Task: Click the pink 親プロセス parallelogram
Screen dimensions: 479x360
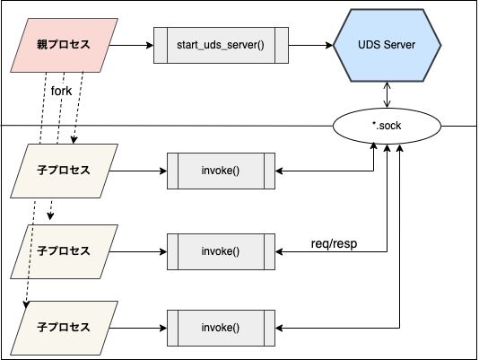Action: (65, 45)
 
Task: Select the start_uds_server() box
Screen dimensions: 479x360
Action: (221, 45)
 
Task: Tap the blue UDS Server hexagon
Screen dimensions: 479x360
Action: (387, 45)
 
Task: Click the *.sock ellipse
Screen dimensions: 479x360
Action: (387, 126)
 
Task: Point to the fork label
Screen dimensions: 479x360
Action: (61, 92)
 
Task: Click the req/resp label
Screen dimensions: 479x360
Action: (334, 244)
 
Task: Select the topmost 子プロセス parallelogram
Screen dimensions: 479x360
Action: (65, 171)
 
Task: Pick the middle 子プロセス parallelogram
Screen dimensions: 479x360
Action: (65, 251)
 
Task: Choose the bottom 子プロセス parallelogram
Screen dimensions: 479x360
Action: (65, 329)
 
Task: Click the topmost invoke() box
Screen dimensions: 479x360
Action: (221, 171)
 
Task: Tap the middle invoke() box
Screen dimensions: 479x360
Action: (221, 251)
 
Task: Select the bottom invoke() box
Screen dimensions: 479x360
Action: (221, 329)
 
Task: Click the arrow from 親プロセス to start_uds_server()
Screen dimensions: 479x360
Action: (131, 45)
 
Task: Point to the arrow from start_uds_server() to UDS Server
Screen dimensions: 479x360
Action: (310, 45)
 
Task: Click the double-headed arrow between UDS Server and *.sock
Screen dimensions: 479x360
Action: (387, 95)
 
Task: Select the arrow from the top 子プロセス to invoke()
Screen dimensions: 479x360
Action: (138, 171)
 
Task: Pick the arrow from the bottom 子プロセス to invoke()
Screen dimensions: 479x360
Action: (138, 329)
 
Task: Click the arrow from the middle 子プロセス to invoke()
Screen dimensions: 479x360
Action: (138, 251)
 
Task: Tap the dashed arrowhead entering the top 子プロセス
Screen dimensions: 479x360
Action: (74, 140)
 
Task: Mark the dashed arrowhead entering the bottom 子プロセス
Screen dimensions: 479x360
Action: (26, 304)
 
